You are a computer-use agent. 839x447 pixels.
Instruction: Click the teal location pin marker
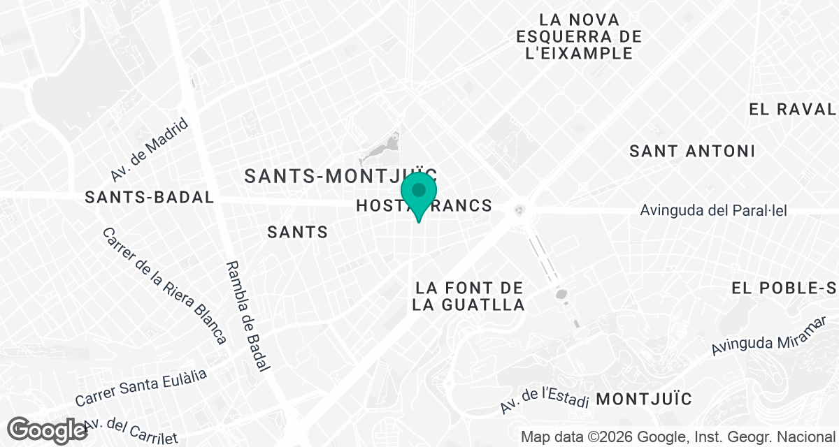click(419, 195)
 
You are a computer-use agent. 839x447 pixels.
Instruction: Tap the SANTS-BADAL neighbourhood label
click(149, 198)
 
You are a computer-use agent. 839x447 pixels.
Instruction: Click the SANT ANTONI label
click(692, 151)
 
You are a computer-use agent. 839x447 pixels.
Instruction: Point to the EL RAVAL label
click(792, 109)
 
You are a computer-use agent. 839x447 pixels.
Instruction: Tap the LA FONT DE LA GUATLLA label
click(468, 296)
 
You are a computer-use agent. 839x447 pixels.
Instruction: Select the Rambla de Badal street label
click(249, 315)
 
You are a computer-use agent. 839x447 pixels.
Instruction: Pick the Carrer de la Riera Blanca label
click(165, 286)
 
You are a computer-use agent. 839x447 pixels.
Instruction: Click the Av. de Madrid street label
click(150, 149)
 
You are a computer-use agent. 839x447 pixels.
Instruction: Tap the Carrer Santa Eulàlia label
click(141, 388)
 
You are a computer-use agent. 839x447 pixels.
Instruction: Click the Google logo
click(48, 430)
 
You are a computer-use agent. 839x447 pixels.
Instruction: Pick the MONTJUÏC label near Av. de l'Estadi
click(645, 400)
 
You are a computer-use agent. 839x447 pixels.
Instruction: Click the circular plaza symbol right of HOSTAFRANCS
click(519, 209)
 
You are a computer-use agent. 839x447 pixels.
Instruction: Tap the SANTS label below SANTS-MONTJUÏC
click(298, 232)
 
